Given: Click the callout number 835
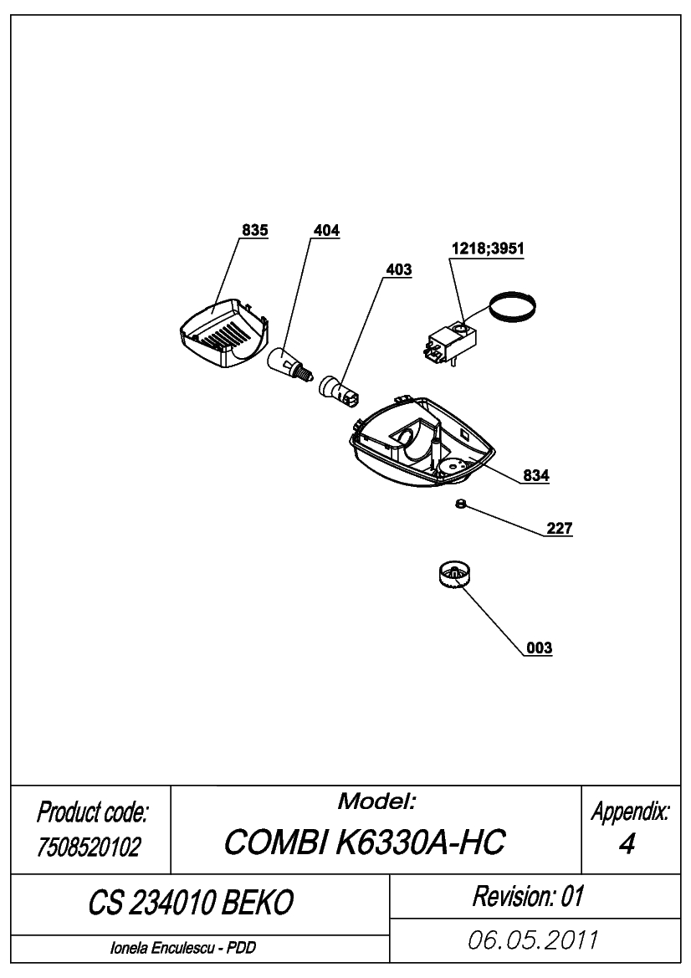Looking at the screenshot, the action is pyautogui.click(x=255, y=230).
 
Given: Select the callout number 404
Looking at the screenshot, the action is pyautogui.click(x=327, y=230).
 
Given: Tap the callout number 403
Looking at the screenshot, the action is pyautogui.click(x=398, y=269).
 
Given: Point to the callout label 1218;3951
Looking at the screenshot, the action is pyautogui.click(x=488, y=248).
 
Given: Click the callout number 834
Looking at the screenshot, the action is pyautogui.click(x=536, y=475).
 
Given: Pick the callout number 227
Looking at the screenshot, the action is pyautogui.click(x=560, y=528).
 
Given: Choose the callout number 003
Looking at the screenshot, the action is pyautogui.click(x=540, y=648).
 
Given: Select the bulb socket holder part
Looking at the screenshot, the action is pyautogui.click(x=337, y=390).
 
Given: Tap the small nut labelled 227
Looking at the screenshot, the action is pyautogui.click(x=459, y=504).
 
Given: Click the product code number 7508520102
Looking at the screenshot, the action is pyautogui.click(x=90, y=847).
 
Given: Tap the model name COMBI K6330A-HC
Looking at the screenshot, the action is pyautogui.click(x=364, y=842).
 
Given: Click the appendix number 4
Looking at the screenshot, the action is pyautogui.click(x=627, y=844).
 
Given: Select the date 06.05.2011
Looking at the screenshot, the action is pyautogui.click(x=533, y=940).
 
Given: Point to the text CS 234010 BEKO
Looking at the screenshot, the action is pyautogui.click(x=191, y=902).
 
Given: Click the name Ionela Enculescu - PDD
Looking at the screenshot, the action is pyautogui.click(x=183, y=947).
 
